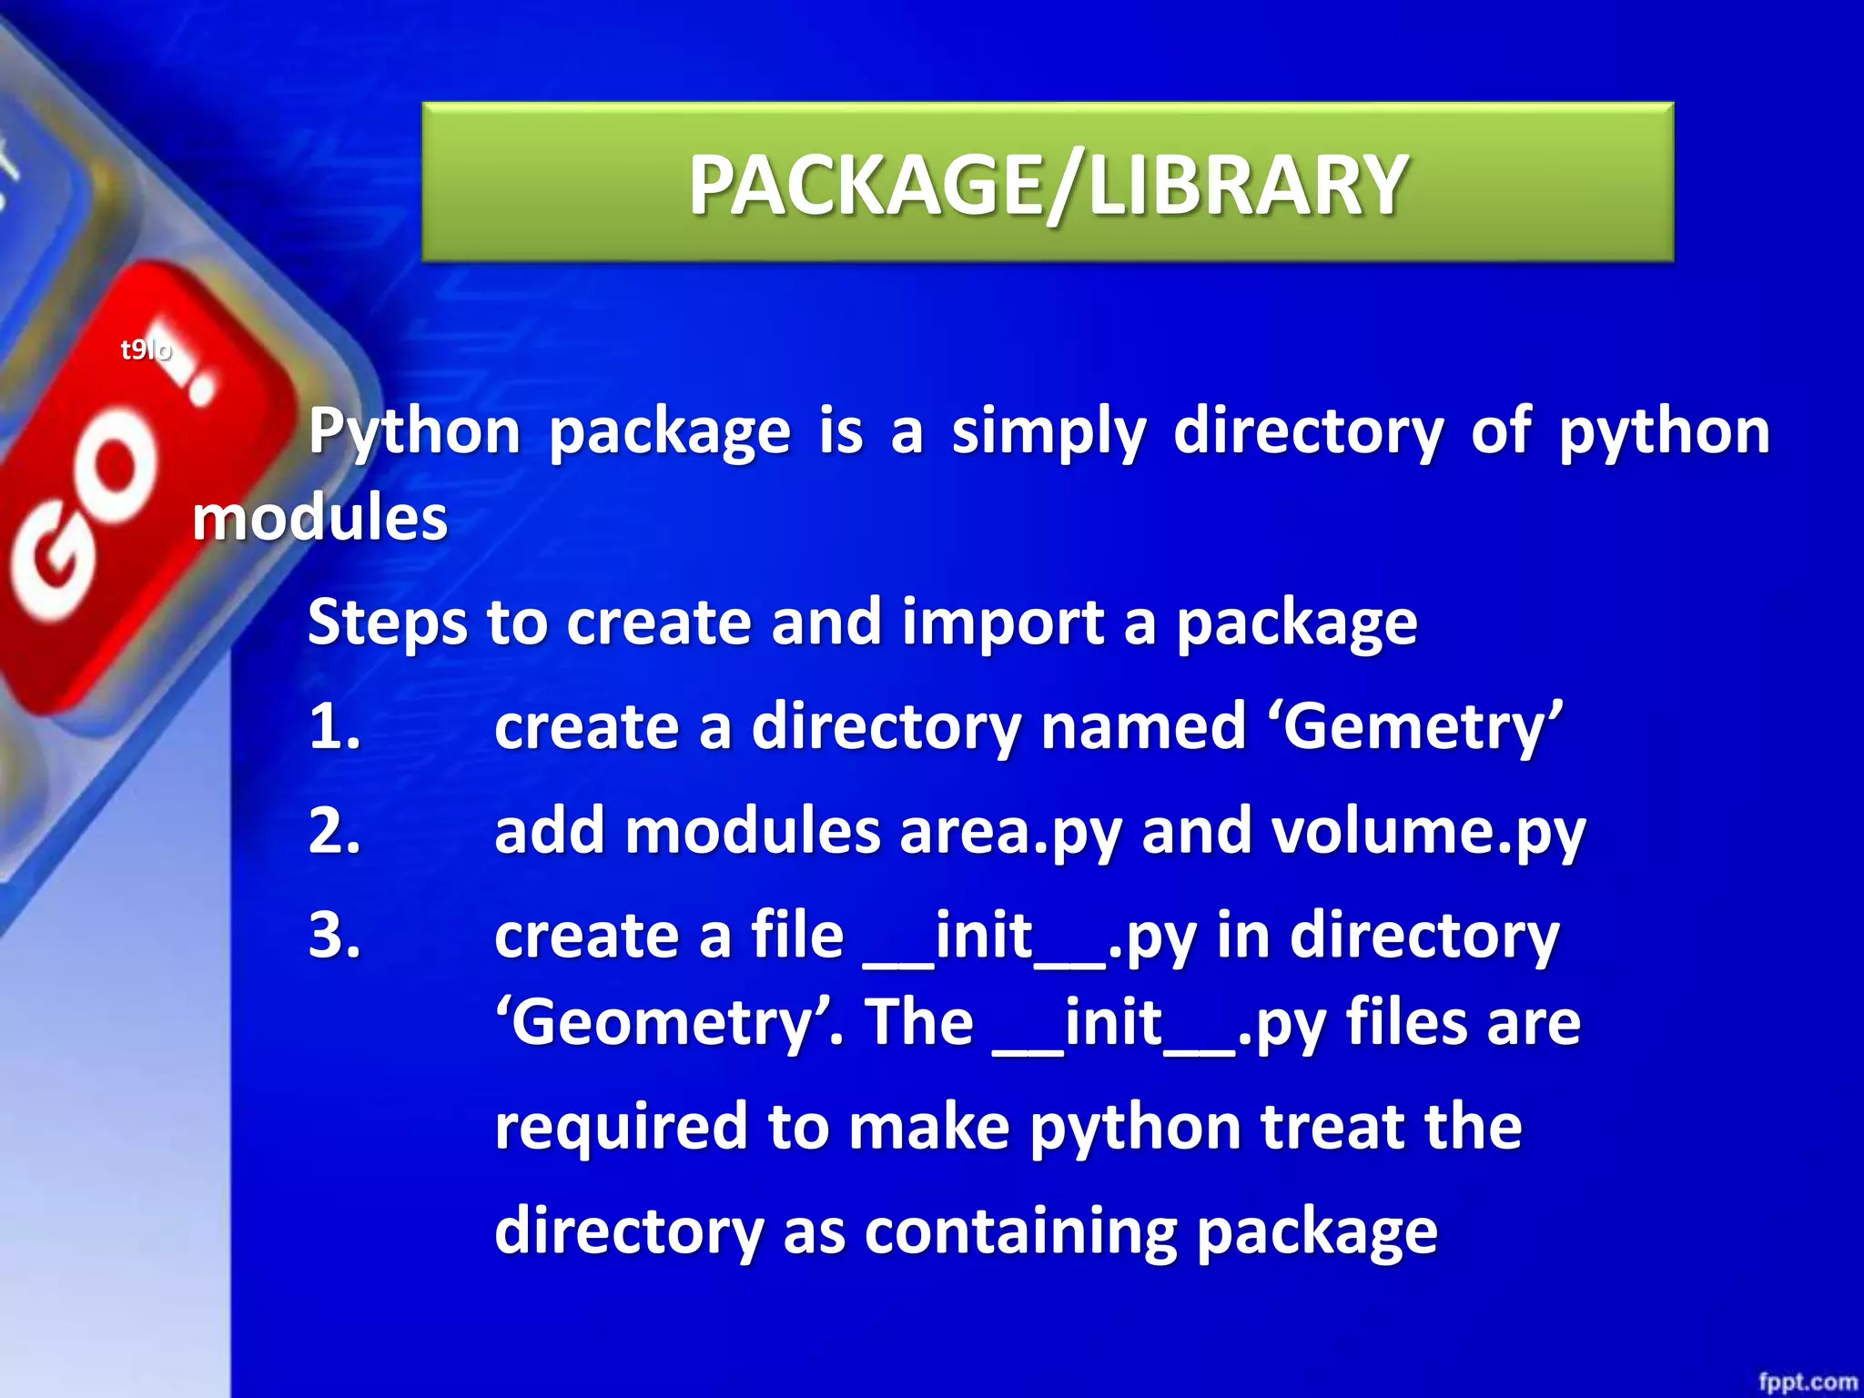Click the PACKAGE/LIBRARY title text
[x=1048, y=185]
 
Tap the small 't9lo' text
[x=146, y=349]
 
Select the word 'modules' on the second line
[x=319, y=518]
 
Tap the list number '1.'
[x=335, y=727]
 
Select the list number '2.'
[x=335, y=831]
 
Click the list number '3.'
[x=335, y=936]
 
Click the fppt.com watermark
[x=1807, y=1382]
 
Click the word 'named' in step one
[x=1143, y=727]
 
